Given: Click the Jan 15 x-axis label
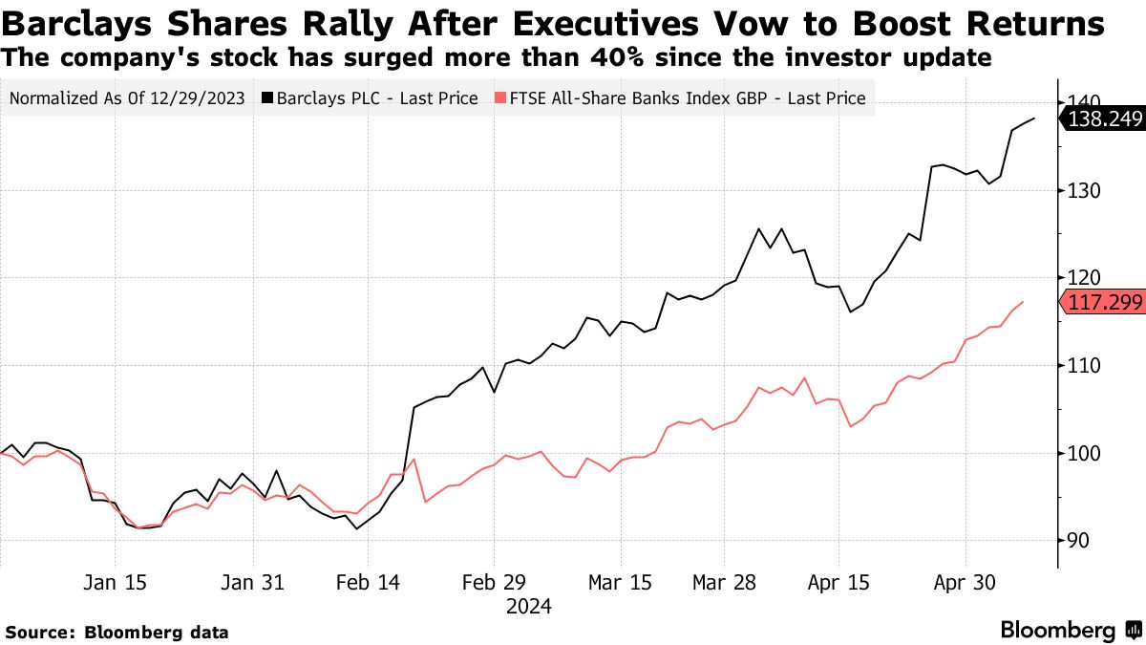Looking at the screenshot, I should (116, 583).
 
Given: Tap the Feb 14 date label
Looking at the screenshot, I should (368, 583).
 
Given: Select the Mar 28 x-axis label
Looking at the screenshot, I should (723, 583).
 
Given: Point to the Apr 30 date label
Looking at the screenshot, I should (965, 583).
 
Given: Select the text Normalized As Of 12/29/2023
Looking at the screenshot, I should (128, 98).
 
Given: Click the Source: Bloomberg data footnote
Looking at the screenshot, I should (117, 632).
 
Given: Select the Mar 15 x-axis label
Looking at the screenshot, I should (620, 583).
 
